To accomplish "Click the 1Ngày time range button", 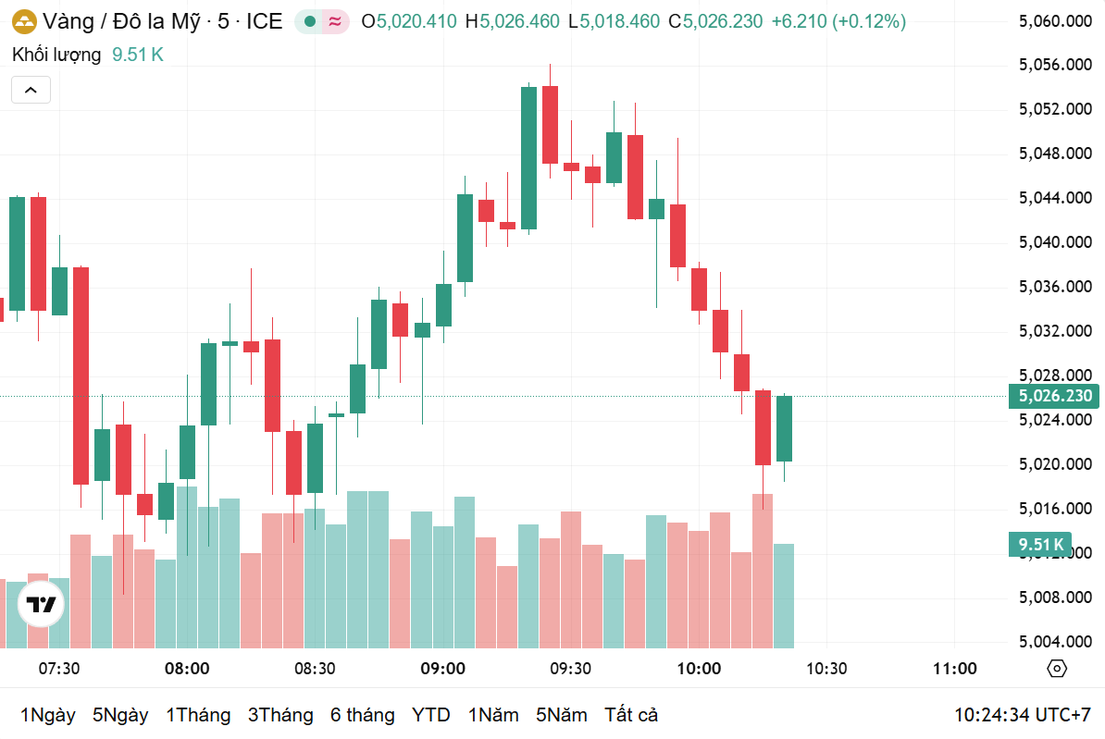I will pyautogui.click(x=47, y=715).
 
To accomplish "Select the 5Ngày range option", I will pyautogui.click(x=120, y=715).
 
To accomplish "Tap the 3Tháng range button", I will pyautogui.click(x=280, y=715).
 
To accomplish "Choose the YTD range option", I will pyautogui.click(x=430, y=715).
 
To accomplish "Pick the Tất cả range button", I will pyautogui.click(x=631, y=715).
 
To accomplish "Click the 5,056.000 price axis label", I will pyautogui.click(x=1055, y=65).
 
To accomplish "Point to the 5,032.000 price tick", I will pyautogui.click(x=1055, y=331).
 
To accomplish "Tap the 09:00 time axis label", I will pyautogui.click(x=442, y=669).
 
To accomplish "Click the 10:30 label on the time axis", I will pyautogui.click(x=826, y=669).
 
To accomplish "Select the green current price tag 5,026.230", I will pyautogui.click(x=1055, y=397).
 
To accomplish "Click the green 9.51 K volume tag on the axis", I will pyautogui.click(x=1041, y=544).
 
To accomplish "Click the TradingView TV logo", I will pyautogui.click(x=42, y=606).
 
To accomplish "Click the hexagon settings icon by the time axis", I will pyautogui.click(x=1057, y=669).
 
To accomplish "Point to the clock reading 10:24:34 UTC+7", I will pyautogui.click(x=1023, y=715).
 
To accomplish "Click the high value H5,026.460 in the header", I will pyautogui.click(x=512, y=21).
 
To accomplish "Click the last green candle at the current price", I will pyautogui.click(x=784, y=428).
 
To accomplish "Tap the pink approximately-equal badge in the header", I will pyautogui.click(x=336, y=21).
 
